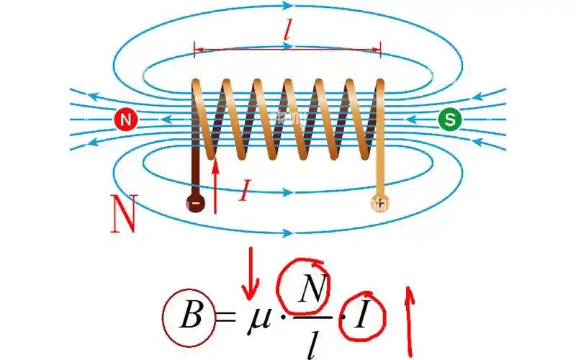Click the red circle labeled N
[x=125, y=120]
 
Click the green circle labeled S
[x=449, y=120]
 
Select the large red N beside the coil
[x=124, y=213]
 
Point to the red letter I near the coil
[x=243, y=191]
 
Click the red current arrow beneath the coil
[x=215, y=186]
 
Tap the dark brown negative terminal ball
[x=195, y=203]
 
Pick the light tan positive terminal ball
[x=380, y=203]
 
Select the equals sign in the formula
[x=225, y=316]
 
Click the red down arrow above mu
[x=251, y=274]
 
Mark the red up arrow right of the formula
[x=409, y=321]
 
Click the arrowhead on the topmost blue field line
[x=287, y=6]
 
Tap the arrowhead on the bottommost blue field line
[x=287, y=233]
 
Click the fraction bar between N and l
[x=312, y=317]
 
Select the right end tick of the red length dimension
[x=381, y=50]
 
